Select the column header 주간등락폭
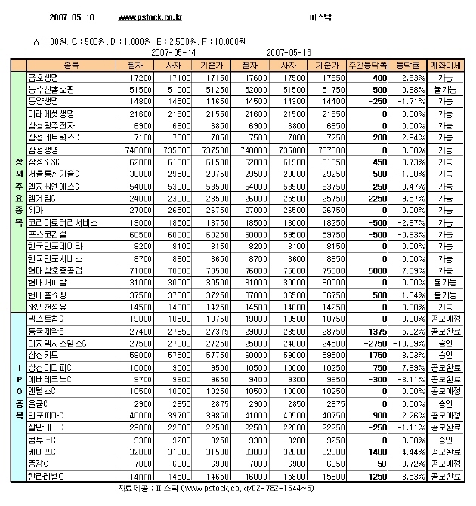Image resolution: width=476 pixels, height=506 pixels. click(368, 66)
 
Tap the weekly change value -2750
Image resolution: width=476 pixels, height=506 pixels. click(374, 342)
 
